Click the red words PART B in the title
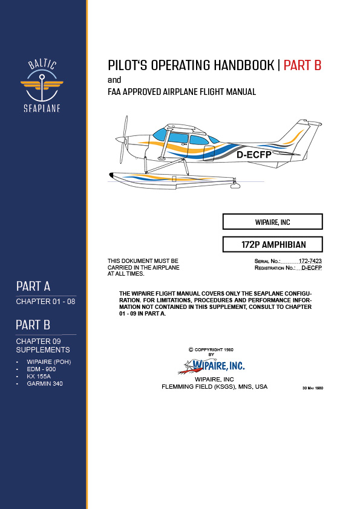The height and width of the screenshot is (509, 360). (x=302, y=65)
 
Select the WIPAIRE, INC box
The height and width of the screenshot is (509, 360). (x=272, y=222)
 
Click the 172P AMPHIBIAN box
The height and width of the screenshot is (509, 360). (x=272, y=245)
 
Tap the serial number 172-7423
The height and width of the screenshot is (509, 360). (x=310, y=261)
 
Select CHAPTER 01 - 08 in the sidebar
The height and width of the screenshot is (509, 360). (x=41, y=301)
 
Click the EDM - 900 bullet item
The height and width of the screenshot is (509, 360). (x=41, y=369)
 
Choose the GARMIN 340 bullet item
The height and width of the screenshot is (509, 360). (x=45, y=383)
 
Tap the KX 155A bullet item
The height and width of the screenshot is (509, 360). (x=40, y=376)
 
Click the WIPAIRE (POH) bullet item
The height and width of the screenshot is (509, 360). (x=48, y=361)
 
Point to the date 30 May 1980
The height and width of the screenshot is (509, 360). (x=312, y=387)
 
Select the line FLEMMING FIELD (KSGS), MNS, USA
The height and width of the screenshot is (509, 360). (x=211, y=386)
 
